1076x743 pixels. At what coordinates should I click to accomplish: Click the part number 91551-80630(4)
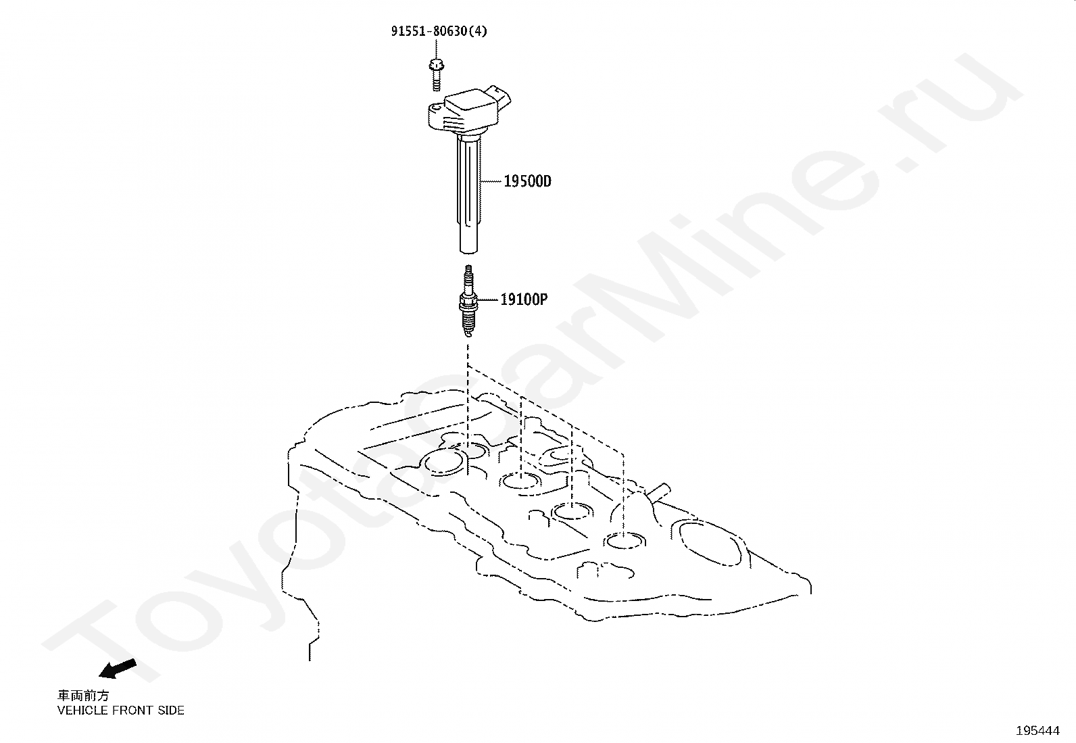(438, 31)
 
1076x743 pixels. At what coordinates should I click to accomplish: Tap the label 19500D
(527, 181)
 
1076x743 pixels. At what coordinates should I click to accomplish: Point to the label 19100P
(524, 299)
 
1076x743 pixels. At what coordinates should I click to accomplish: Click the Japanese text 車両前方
(82, 696)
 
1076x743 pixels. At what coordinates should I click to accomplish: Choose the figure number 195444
(1037, 731)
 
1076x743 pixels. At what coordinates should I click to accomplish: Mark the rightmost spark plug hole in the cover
(625, 541)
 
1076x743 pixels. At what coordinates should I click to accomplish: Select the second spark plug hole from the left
(521, 481)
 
